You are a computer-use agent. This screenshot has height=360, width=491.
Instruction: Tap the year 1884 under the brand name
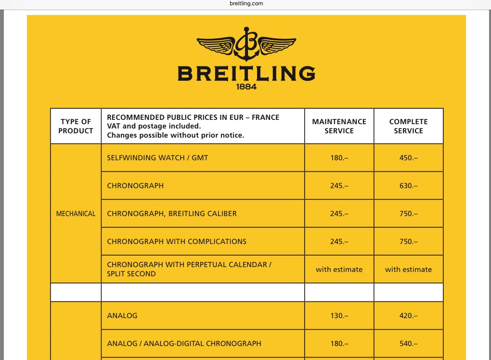[246, 87]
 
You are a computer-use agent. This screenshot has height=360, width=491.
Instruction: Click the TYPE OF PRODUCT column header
[76, 126]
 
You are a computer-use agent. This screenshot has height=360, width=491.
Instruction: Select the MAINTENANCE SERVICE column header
[339, 126]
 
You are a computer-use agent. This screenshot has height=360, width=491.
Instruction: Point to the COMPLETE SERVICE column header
[408, 126]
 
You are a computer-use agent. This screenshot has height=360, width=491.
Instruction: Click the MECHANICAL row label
[76, 214]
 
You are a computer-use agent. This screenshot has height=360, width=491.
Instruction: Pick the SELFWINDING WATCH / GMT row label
[157, 158]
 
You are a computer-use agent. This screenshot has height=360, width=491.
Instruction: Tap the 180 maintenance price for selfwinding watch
[339, 158]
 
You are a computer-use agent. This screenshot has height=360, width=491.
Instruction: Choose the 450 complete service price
[408, 158]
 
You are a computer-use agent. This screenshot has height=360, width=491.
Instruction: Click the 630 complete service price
[408, 186]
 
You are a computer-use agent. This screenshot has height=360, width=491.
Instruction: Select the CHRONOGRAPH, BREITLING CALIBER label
[172, 214]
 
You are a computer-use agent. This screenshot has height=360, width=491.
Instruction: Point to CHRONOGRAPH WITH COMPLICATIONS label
[177, 242]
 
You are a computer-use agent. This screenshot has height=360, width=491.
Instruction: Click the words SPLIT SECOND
[131, 274]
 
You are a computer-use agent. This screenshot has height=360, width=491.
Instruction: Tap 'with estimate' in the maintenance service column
[339, 270]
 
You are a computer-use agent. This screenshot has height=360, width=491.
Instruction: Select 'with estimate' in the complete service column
[408, 270]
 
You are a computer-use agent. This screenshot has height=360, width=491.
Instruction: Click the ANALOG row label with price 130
[122, 316]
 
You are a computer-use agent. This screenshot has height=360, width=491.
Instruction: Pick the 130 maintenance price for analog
[339, 316]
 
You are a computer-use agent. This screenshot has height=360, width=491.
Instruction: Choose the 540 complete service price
[408, 344]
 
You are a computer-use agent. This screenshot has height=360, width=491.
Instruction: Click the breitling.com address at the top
[246, 3]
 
